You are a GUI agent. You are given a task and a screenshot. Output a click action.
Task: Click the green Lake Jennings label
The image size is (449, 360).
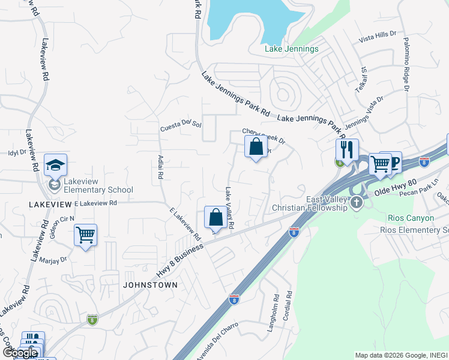(291, 49)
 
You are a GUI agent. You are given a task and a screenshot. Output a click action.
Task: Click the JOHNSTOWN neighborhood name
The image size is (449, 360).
(150, 284)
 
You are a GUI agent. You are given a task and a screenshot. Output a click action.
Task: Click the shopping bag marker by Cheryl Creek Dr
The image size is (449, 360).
(256, 146)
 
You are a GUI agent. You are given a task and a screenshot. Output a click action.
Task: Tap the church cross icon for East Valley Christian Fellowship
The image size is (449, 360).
(357, 202)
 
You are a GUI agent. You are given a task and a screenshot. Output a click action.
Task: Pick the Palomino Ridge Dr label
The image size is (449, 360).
(406, 64)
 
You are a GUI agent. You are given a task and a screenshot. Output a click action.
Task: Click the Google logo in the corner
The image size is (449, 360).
(20, 353)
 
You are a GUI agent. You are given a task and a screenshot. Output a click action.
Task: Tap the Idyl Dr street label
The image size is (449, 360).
(17, 152)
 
